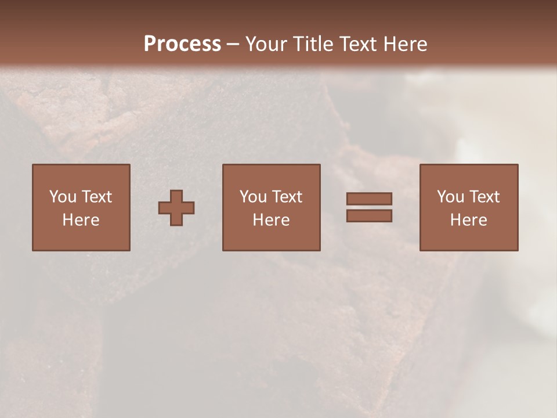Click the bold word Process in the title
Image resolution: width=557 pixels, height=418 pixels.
[182, 44]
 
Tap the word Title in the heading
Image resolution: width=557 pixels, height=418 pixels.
[313, 44]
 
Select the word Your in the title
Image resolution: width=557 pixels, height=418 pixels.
[267, 44]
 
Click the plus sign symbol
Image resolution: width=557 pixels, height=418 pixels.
[176, 208]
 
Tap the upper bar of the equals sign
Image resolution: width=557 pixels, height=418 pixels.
[369, 199]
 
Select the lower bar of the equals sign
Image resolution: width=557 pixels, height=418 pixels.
[369, 216]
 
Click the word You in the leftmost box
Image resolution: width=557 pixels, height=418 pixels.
[63, 197]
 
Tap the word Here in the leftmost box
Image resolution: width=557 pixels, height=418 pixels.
[81, 220]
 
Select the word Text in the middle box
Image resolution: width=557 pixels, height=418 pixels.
[287, 197]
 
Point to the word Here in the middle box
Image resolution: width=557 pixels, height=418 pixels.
[271, 220]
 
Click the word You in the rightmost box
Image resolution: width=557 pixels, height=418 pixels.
[450, 197]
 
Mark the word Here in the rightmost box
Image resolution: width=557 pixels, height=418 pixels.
[468, 220]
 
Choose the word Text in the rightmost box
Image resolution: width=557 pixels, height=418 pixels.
[484, 197]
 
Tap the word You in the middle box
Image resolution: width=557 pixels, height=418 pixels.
[253, 197]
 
